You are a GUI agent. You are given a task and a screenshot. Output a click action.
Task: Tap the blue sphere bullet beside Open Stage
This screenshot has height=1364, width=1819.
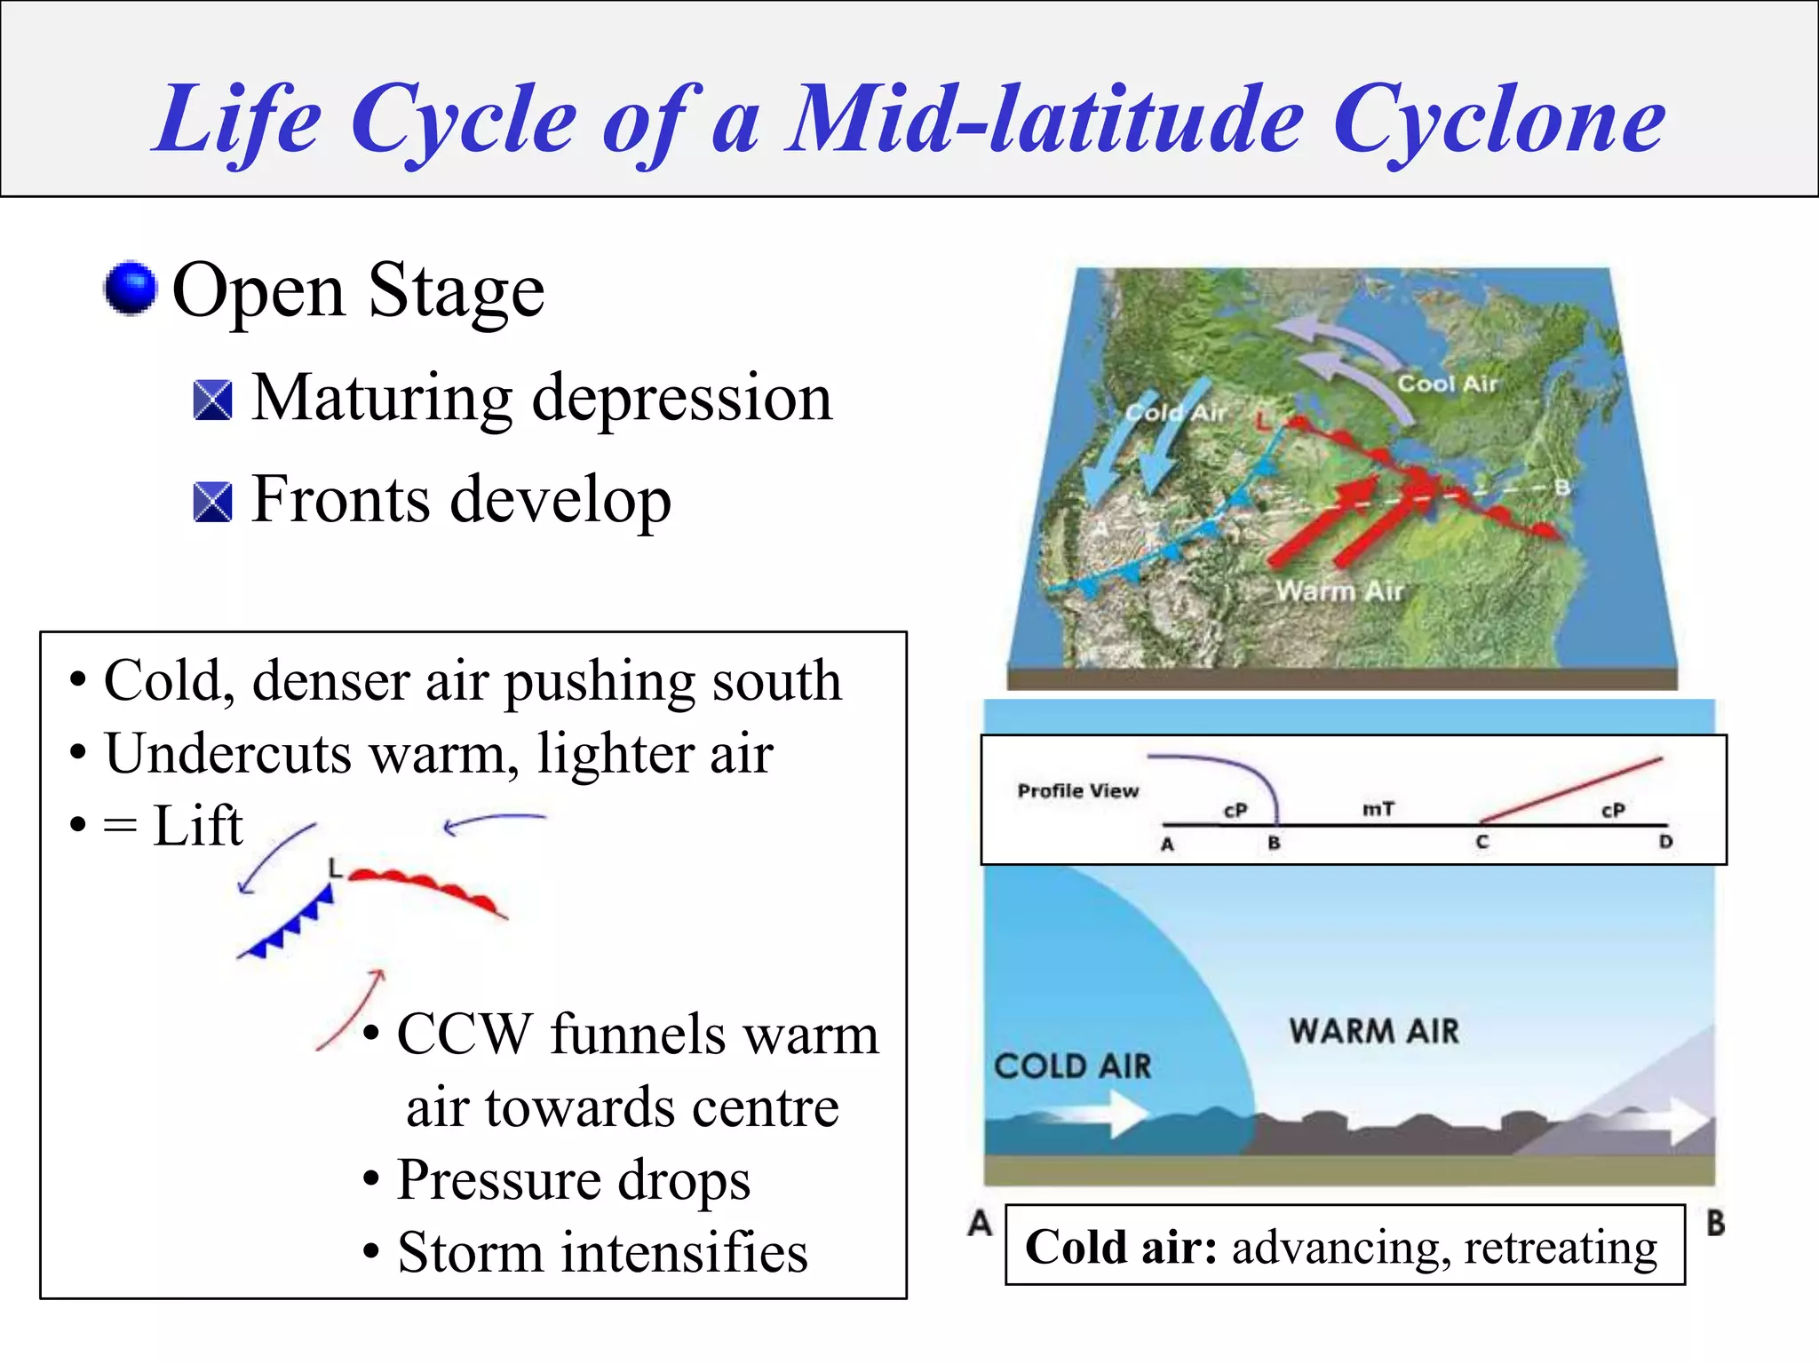tap(131, 289)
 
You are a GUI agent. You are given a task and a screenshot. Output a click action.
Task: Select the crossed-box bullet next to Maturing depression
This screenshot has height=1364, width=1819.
tap(212, 400)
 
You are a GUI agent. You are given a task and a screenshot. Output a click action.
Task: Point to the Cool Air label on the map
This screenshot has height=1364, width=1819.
tap(1447, 384)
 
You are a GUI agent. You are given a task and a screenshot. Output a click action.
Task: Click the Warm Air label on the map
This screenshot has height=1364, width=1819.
tap(1338, 591)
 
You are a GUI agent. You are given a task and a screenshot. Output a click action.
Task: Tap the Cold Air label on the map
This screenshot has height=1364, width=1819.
tap(1175, 413)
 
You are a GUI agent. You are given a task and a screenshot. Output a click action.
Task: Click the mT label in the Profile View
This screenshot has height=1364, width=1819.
tap(1378, 809)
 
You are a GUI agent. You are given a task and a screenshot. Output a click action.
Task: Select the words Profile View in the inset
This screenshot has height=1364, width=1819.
tap(1077, 790)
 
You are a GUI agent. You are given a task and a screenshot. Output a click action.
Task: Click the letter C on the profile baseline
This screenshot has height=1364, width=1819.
tap(1481, 842)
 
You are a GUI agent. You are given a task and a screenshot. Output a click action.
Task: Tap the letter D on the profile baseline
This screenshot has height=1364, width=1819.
tap(1665, 842)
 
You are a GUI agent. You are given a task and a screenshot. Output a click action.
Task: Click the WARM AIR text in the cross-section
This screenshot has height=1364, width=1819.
tap(1374, 1031)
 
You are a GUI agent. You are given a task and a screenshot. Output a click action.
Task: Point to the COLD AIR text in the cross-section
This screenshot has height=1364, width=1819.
tap(1072, 1066)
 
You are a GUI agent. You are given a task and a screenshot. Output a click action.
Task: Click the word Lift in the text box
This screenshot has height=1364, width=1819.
tap(197, 826)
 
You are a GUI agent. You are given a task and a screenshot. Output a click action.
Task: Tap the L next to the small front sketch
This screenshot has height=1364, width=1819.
tap(334, 868)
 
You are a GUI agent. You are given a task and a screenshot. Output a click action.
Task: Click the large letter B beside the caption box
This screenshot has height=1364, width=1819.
tap(1715, 1223)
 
